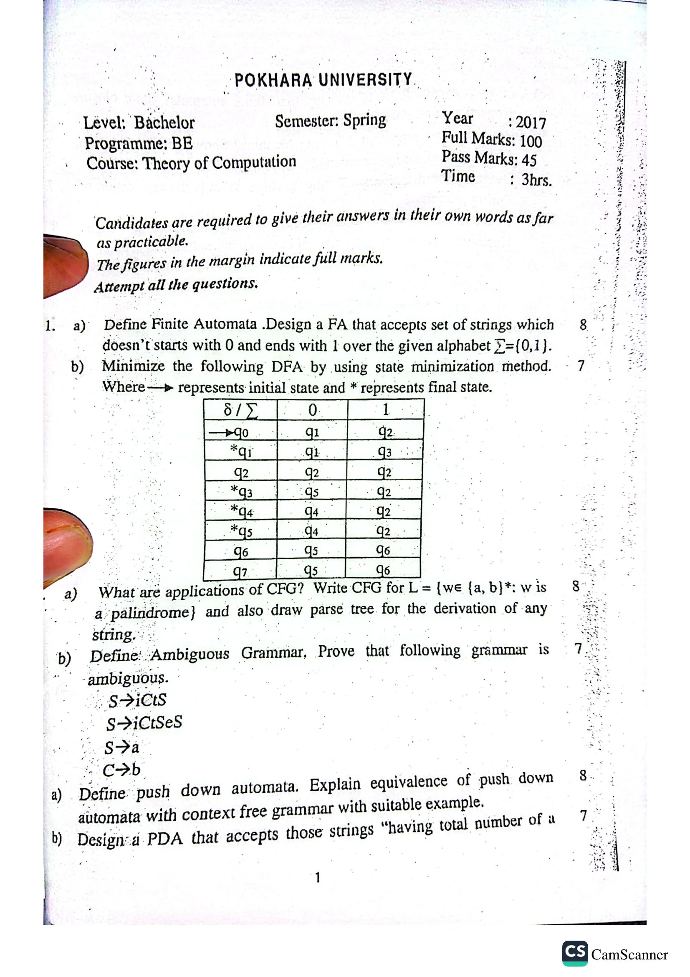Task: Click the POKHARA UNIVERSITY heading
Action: [323, 80]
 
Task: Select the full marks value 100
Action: [531, 142]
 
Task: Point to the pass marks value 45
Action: [529, 160]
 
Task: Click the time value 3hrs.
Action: [536, 180]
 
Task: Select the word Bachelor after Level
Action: [164, 123]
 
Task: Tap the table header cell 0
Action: [312, 410]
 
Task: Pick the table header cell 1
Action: [385, 409]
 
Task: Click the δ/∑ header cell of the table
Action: [240, 410]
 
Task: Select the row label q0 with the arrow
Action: [241, 433]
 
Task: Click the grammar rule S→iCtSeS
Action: [144, 723]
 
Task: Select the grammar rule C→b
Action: [121, 770]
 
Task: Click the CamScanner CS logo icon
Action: [575, 953]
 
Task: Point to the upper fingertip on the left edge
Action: [64, 264]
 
